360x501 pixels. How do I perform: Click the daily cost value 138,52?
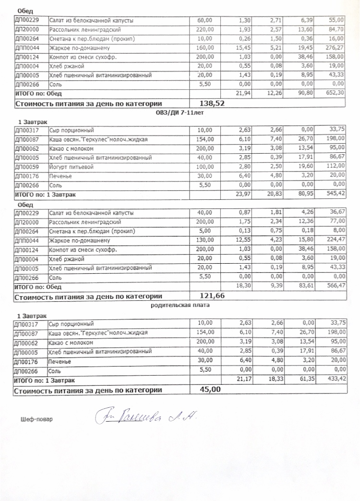pyautogui.click(x=212, y=103)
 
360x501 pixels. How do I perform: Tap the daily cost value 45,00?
pyautogui.click(x=210, y=389)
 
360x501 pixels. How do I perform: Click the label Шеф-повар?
pyautogui.click(x=37, y=419)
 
